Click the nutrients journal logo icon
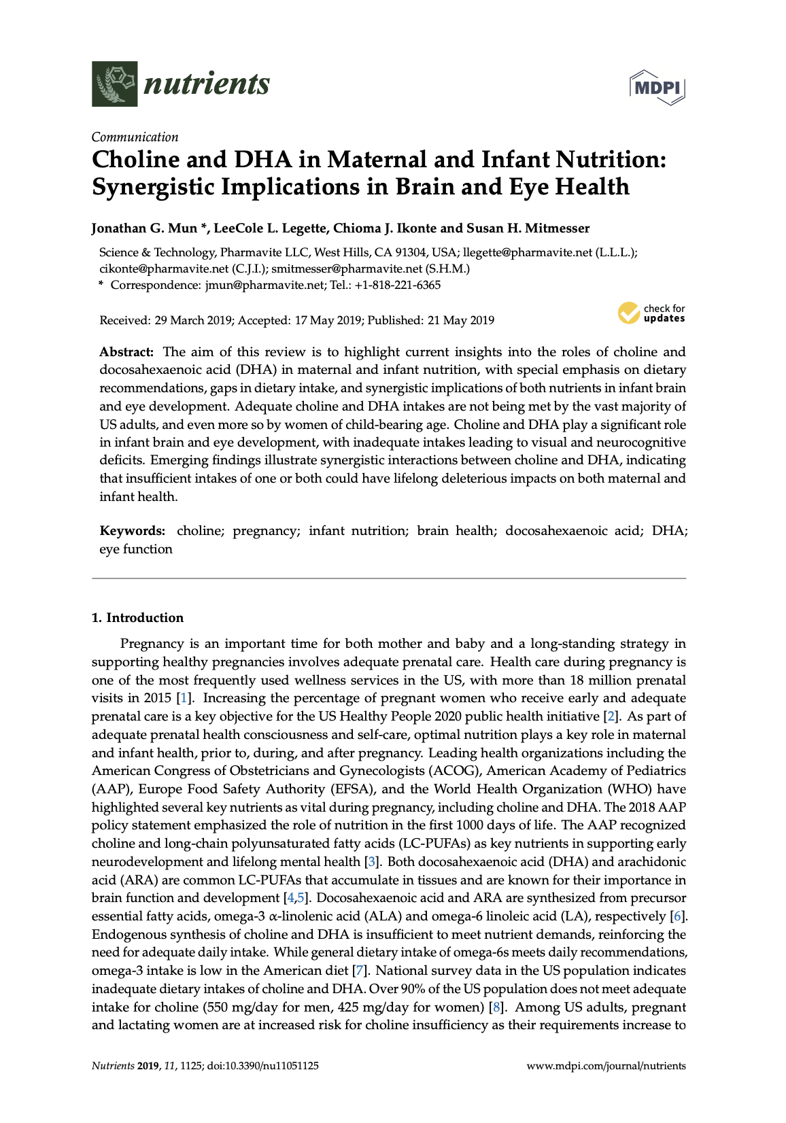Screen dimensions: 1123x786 (115, 84)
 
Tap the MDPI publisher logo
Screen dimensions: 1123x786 (657, 88)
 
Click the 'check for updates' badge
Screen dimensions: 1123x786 (651, 313)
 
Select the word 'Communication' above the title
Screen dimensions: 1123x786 (135, 137)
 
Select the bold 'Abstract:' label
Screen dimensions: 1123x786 (126, 352)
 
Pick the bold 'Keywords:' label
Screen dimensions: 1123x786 (132, 531)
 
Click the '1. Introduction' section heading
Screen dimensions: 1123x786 (137, 618)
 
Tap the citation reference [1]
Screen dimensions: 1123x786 (184, 698)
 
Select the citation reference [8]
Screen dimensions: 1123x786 (496, 1007)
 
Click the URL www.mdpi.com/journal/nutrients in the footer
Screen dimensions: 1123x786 (606, 1066)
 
